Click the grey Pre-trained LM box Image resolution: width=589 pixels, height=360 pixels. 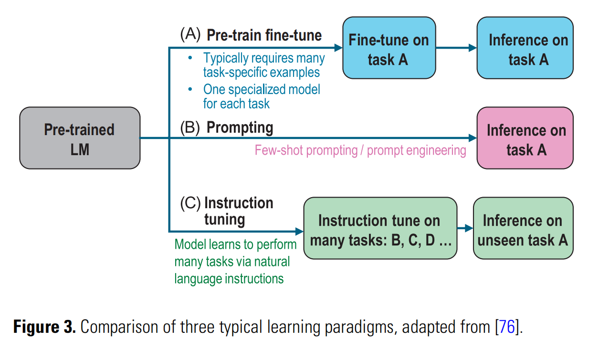pyautogui.click(x=80, y=138)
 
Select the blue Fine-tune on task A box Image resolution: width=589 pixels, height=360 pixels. pyautogui.click(x=389, y=48)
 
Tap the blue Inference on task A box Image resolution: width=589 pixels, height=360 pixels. pyautogui.click(x=525, y=48)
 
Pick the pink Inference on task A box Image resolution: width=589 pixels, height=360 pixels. pyautogui.click(x=525, y=138)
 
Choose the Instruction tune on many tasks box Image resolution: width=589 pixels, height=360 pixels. pyautogui.click(x=380, y=229)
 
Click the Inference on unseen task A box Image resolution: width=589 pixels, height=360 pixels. pyautogui.click(x=523, y=229)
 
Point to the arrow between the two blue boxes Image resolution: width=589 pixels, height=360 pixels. pyautogui.click(x=456, y=48)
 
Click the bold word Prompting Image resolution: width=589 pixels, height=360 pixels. pyautogui.click(x=240, y=128)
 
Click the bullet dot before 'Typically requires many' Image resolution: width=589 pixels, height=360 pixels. pyautogui.click(x=190, y=58)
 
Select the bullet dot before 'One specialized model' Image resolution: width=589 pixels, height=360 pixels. pyautogui.click(x=190, y=89)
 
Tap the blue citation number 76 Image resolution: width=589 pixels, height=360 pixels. pyautogui.click(x=507, y=328)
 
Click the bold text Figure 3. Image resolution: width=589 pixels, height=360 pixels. pyautogui.click(x=44, y=328)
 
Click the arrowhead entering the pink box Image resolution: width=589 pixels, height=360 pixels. pyautogui.click(x=473, y=138)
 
